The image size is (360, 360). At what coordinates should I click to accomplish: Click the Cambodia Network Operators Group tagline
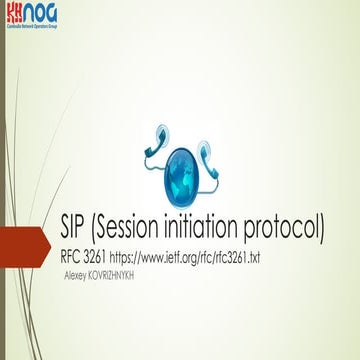(31, 25)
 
